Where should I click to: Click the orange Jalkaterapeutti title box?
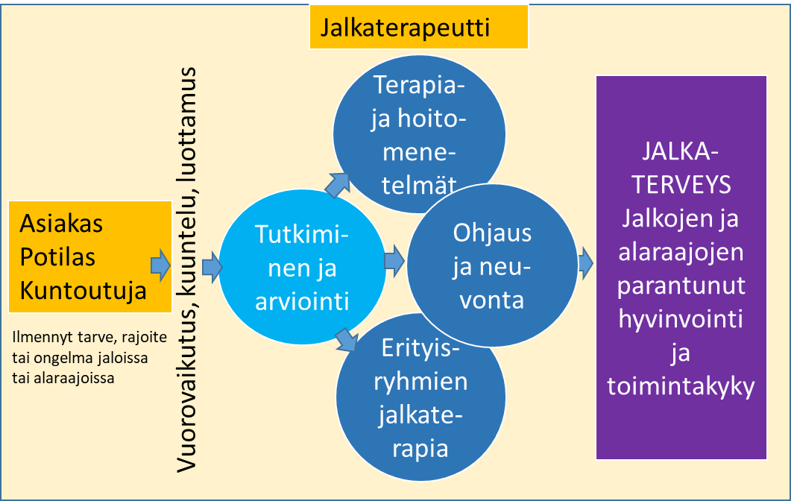click(x=419, y=28)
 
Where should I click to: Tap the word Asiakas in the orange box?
click(x=61, y=224)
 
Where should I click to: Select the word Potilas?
click(x=57, y=256)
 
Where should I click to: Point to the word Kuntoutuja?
click(x=83, y=291)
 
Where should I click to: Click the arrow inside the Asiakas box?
click(x=161, y=265)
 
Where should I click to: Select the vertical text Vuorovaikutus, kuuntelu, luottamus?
click(x=186, y=270)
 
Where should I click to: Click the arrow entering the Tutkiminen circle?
click(x=212, y=268)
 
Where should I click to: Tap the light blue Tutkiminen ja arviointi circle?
click(x=302, y=268)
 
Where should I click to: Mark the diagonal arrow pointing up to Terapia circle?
click(x=337, y=185)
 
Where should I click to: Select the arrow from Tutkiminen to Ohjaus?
click(x=394, y=262)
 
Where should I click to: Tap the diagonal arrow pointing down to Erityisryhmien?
click(x=347, y=339)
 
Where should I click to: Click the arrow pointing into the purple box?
click(x=586, y=263)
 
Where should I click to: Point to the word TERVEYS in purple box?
click(x=681, y=185)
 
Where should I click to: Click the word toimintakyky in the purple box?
click(x=681, y=387)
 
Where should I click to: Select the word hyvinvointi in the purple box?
click(x=681, y=320)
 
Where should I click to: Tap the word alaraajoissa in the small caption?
click(x=63, y=378)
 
